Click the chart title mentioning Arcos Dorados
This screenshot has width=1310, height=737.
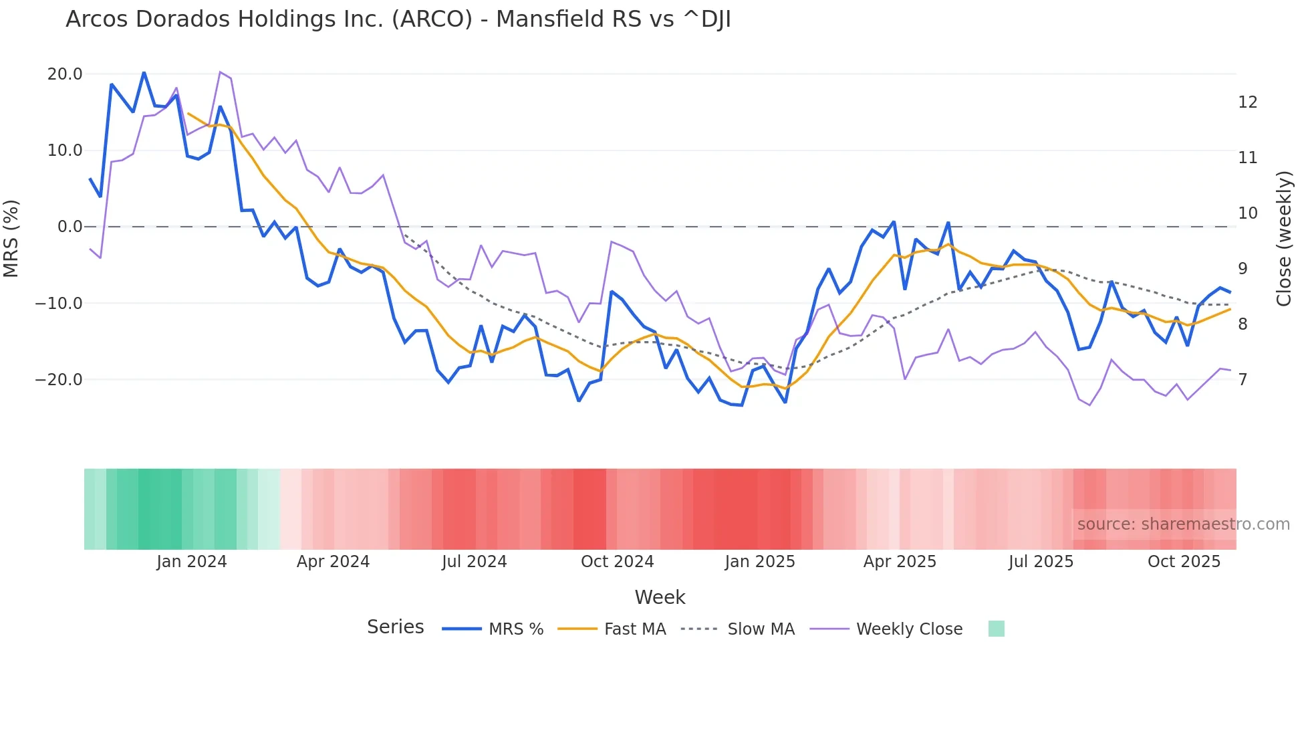[398, 19]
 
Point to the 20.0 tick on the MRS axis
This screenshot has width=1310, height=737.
[65, 74]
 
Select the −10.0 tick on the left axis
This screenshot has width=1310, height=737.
[59, 304]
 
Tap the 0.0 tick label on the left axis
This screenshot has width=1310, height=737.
[70, 227]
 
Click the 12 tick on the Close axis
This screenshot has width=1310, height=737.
[1247, 102]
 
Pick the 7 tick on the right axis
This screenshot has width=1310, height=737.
[1242, 380]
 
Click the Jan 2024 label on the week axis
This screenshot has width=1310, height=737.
[192, 562]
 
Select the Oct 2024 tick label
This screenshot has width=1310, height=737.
[617, 562]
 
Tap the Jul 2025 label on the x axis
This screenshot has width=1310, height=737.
[1041, 562]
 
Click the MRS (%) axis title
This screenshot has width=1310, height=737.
[11, 239]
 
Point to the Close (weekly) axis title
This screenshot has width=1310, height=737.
[1284, 239]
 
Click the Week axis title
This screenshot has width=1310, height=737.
[660, 597]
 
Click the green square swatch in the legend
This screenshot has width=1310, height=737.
[996, 629]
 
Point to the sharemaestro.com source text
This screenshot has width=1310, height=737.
[1183, 524]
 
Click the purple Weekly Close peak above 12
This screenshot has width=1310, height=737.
[221, 72]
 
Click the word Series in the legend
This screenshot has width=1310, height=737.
[395, 627]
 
